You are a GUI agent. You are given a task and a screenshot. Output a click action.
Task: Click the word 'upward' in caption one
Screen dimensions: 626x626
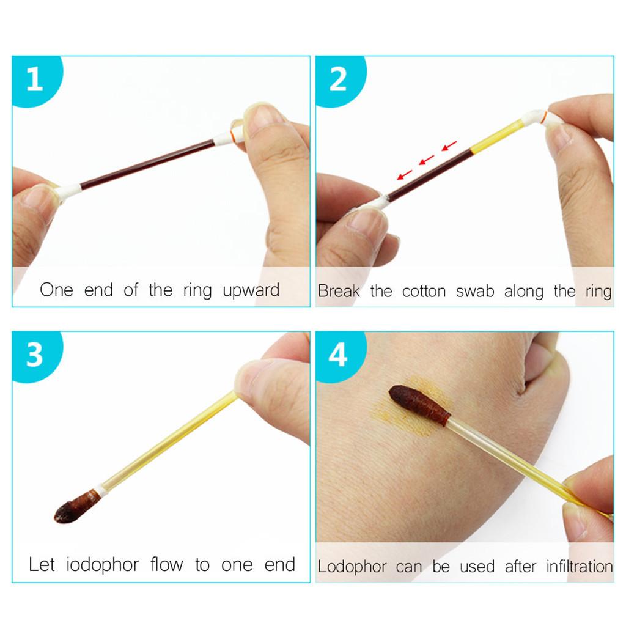click(x=251, y=291)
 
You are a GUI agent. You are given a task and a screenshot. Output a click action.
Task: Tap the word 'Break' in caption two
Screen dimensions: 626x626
click(x=339, y=291)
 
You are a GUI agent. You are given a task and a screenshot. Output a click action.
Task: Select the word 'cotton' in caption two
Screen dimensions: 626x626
click(x=424, y=292)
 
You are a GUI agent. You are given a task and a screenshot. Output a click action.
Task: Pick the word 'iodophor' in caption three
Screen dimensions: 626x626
click(x=102, y=565)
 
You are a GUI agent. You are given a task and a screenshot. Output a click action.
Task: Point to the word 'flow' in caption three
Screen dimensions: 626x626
click(x=167, y=564)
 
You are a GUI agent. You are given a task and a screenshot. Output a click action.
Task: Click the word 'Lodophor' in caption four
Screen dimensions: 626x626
click(x=352, y=567)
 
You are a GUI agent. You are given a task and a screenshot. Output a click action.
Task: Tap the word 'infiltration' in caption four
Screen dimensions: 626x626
click(x=580, y=566)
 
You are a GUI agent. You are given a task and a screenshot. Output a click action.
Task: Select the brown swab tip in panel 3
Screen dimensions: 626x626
click(x=76, y=506)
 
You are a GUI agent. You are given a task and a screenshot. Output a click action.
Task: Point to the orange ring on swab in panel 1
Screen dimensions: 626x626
click(x=232, y=134)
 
